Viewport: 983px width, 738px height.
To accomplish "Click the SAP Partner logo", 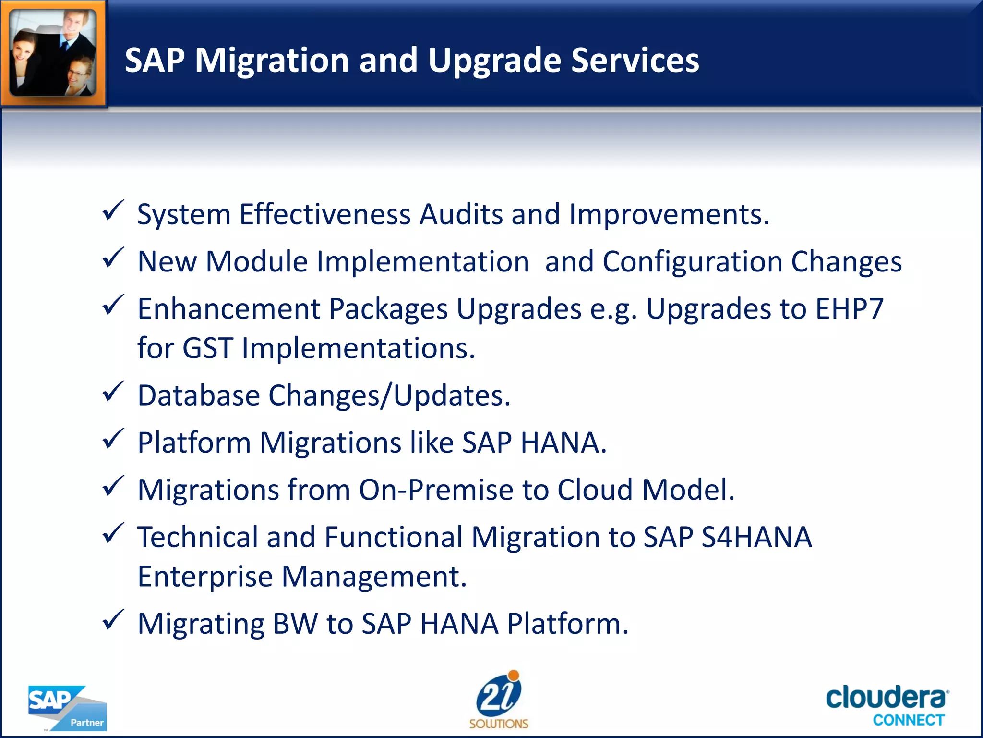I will (67, 708).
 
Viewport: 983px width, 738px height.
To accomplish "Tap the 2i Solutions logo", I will (499, 700).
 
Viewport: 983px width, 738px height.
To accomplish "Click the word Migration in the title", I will (272, 61).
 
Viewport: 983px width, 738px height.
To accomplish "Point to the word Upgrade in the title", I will (494, 61).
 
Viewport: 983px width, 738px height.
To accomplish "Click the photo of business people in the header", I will (53, 53).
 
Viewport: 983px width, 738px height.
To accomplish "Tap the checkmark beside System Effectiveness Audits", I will (113, 211).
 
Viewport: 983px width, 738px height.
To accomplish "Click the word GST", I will (208, 348).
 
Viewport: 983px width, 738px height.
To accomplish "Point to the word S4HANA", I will (756, 537).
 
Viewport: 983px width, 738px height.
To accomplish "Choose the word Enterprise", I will (205, 576).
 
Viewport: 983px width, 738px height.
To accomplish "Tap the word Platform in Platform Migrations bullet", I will (194, 443).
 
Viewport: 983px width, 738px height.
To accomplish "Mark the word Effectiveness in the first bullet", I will (325, 214).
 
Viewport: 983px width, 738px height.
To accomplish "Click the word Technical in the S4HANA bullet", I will (198, 537).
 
